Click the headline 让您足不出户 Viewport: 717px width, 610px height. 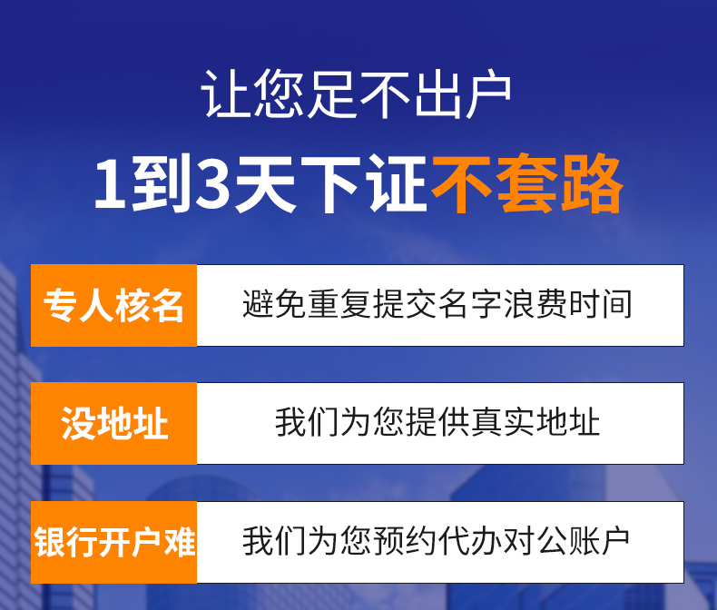(356, 93)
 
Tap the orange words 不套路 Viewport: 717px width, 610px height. (527, 183)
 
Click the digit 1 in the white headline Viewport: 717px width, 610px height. (109, 183)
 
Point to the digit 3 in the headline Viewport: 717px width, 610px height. (211, 183)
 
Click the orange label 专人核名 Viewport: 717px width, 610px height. (113, 306)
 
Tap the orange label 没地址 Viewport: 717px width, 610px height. (113, 423)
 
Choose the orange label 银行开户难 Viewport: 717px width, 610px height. (114, 542)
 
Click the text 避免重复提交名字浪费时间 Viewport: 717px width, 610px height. (437, 304)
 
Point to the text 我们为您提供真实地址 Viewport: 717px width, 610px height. (437, 422)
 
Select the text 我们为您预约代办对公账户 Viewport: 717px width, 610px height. (437, 541)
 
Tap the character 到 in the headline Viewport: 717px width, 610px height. (160, 183)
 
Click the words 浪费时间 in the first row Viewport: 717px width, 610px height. (568, 304)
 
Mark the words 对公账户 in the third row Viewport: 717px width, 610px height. (567, 541)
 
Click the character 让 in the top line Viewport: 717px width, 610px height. (226, 93)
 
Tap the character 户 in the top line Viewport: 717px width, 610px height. (487, 93)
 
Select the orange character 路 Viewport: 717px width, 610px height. (593, 183)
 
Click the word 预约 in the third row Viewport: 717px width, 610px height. (404, 541)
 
